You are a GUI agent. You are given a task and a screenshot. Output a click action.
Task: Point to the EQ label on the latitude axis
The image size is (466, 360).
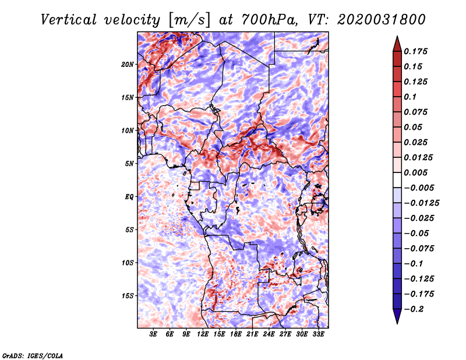(129, 197)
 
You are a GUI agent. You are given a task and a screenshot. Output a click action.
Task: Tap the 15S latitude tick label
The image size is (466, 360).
(128, 296)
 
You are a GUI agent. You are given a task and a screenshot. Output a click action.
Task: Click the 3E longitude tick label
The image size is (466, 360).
(154, 334)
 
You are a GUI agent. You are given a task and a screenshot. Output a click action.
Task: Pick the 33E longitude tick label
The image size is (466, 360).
(318, 334)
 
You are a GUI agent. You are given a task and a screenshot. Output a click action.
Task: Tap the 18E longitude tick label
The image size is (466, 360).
(236, 334)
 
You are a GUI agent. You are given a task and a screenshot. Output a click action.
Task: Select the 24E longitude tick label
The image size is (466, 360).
(269, 334)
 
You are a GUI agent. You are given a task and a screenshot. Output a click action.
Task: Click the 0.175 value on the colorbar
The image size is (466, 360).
(417, 51)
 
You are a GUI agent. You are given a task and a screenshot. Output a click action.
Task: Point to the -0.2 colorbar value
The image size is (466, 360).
(415, 309)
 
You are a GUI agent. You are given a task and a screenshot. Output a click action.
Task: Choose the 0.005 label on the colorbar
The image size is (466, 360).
(417, 172)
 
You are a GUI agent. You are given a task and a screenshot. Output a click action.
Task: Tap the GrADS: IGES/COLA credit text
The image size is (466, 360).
(32, 355)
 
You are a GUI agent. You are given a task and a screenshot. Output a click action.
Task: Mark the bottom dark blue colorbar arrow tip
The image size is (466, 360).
(397, 322)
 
